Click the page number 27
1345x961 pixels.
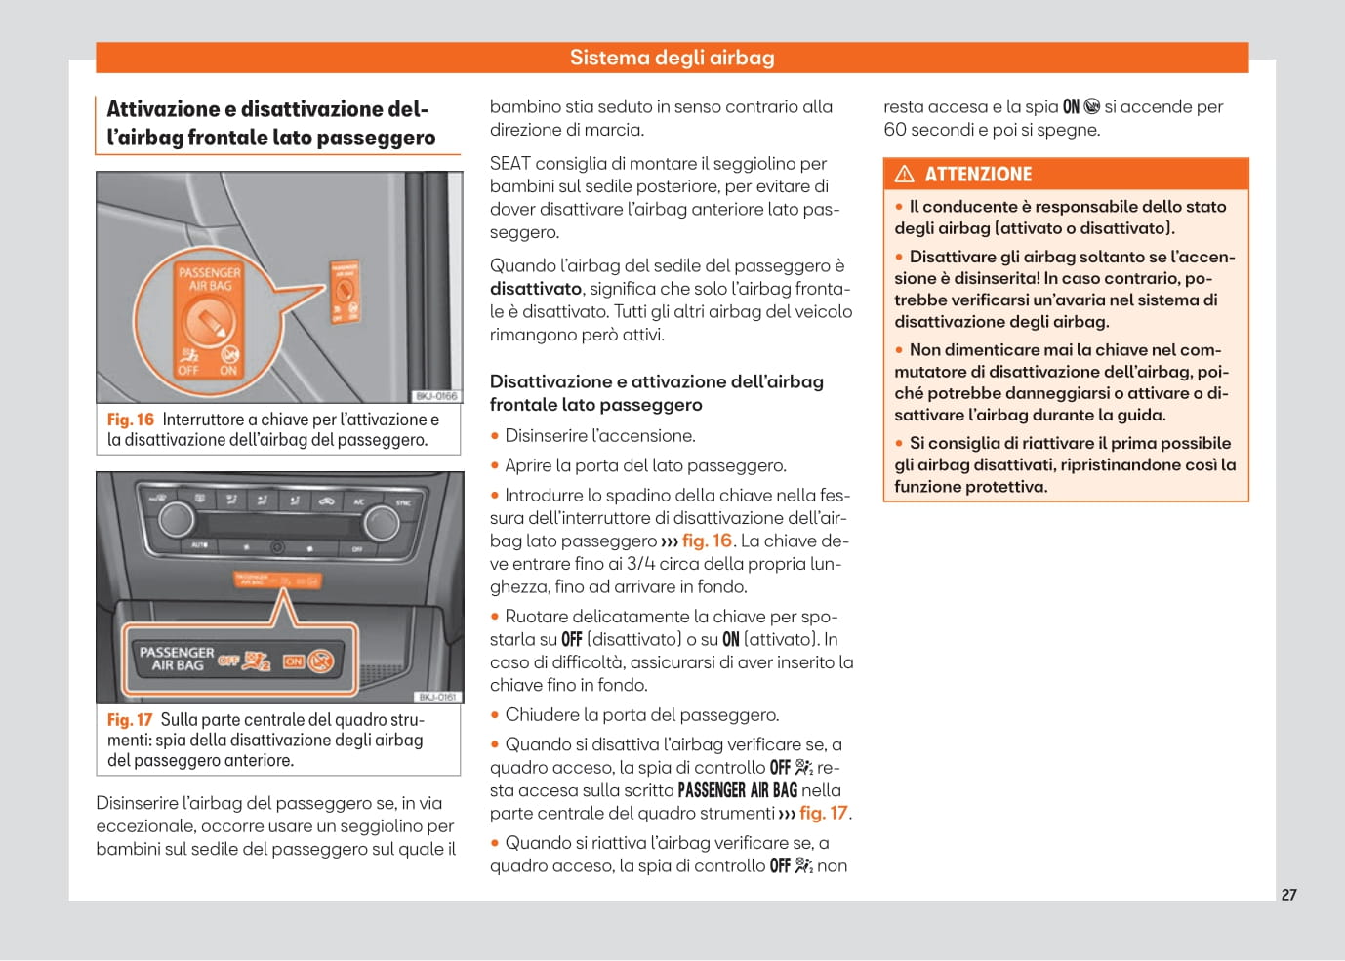pos(1288,895)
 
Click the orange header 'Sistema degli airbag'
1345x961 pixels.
pos(672,58)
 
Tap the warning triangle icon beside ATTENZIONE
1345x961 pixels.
pos(905,175)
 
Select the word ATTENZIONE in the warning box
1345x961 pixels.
pos(977,175)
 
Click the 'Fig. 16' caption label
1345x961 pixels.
pos(131,420)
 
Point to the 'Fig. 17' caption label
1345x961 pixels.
pos(130,720)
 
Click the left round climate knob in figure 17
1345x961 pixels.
pos(177,519)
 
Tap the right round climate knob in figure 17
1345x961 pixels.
pos(381,524)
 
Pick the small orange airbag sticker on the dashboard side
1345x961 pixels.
pos(345,292)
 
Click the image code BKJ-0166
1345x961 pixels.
pos(436,396)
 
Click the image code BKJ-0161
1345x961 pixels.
pos(436,697)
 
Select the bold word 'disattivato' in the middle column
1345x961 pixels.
pos(536,289)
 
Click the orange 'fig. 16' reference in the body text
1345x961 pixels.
pos(707,541)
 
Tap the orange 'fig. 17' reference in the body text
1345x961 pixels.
pos(824,813)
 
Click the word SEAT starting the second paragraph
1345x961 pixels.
pos(509,164)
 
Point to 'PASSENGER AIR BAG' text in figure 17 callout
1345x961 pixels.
pos(177,659)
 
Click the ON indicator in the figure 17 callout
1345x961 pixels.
pos(294,661)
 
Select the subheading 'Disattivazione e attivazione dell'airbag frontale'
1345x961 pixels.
pos(656,392)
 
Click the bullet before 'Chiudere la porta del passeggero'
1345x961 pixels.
pos(495,715)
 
